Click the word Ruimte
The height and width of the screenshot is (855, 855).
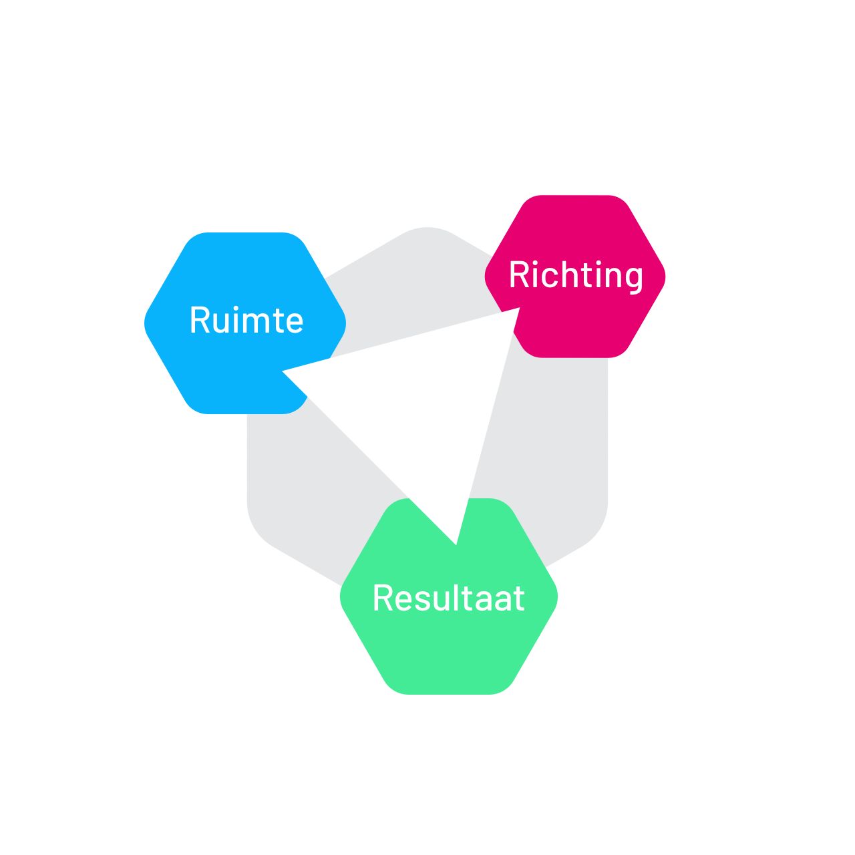[246, 320]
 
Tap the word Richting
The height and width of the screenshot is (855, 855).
[576, 275]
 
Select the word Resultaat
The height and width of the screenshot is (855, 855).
[448, 598]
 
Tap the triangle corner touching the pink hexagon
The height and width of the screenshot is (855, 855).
[516, 311]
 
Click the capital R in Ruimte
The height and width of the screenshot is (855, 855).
[199, 320]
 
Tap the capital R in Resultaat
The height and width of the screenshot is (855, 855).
[383, 598]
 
